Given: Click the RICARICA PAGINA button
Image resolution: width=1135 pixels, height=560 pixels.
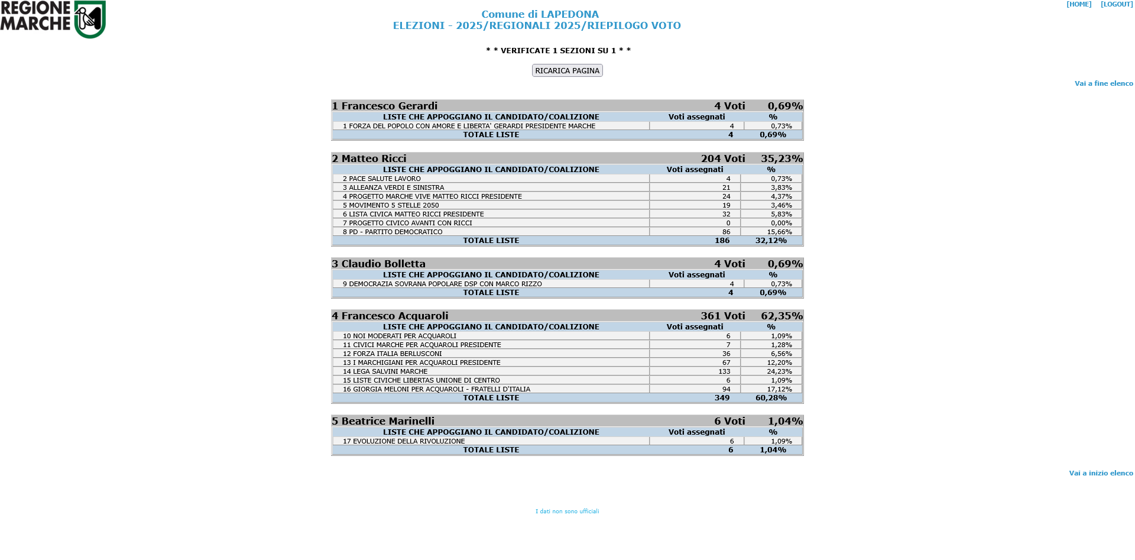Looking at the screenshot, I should click(567, 70).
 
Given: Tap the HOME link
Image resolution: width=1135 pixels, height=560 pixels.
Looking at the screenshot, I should click(1079, 5).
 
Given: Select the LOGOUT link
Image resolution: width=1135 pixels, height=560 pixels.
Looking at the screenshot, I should click(1117, 5).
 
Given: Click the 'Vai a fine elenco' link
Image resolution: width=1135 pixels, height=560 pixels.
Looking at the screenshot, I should click(1104, 83).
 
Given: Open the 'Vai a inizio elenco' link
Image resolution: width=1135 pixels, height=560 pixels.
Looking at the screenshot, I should click(1101, 473).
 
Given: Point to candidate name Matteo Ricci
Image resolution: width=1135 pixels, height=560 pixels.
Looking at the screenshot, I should click(374, 158).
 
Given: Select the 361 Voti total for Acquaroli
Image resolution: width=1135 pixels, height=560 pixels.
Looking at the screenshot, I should click(722, 316).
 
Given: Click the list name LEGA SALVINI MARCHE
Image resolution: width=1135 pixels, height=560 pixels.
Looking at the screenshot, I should click(390, 371).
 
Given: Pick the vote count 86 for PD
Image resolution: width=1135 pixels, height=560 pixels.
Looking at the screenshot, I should click(726, 232).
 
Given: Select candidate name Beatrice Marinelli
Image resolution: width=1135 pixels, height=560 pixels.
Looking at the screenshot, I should click(388, 421).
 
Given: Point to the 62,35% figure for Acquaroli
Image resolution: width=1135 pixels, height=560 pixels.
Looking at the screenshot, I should click(781, 316).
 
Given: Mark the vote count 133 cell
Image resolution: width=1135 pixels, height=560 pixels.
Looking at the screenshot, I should click(724, 371).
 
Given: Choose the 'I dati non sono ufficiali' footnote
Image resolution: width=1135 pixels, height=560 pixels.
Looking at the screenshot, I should click(567, 512).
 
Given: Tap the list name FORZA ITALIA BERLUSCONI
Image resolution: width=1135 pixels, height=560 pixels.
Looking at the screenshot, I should click(397, 354).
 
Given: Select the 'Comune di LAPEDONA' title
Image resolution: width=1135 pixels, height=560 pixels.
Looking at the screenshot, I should click(540, 14).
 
